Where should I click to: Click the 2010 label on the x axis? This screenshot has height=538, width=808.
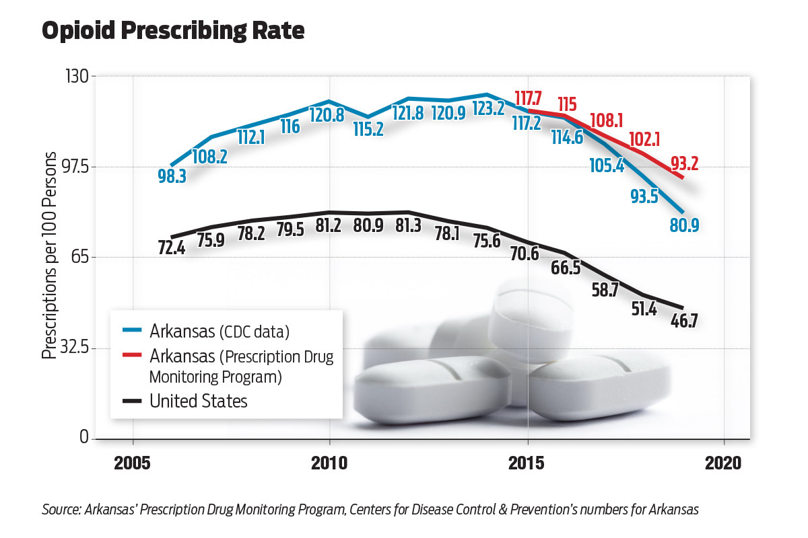coord(329,464)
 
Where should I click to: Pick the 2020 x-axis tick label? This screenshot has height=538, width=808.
coord(723,464)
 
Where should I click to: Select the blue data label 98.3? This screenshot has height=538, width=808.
coord(172,176)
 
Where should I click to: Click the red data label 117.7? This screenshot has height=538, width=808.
coord(529,98)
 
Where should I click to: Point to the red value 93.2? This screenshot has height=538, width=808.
coord(685,163)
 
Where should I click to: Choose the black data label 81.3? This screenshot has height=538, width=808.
coord(407,225)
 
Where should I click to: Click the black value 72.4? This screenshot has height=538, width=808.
coord(172,248)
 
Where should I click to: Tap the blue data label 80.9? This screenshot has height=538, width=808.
coord(684,225)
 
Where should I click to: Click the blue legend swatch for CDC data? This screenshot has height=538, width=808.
coord(132,331)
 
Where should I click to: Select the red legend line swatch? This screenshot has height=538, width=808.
coord(132,354)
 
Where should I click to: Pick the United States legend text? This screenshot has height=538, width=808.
coord(199,401)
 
